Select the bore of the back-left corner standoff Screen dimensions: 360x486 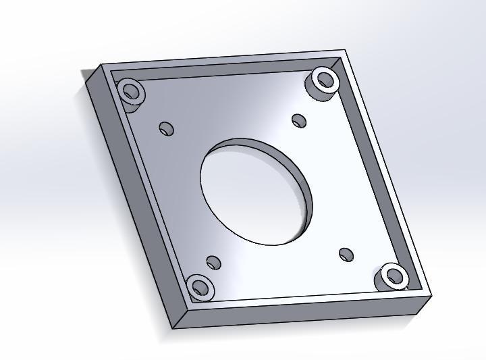131,89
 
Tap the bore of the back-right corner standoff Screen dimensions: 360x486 325,79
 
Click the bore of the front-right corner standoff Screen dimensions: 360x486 394,275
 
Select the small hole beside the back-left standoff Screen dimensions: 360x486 166,128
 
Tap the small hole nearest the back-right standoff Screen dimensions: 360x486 299,120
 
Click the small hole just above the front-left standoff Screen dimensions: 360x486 214,262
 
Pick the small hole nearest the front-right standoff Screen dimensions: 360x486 346,255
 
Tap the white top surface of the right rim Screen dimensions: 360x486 385,169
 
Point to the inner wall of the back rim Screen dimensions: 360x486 223,69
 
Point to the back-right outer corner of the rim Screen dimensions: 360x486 344,50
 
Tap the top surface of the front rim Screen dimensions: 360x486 304,301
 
